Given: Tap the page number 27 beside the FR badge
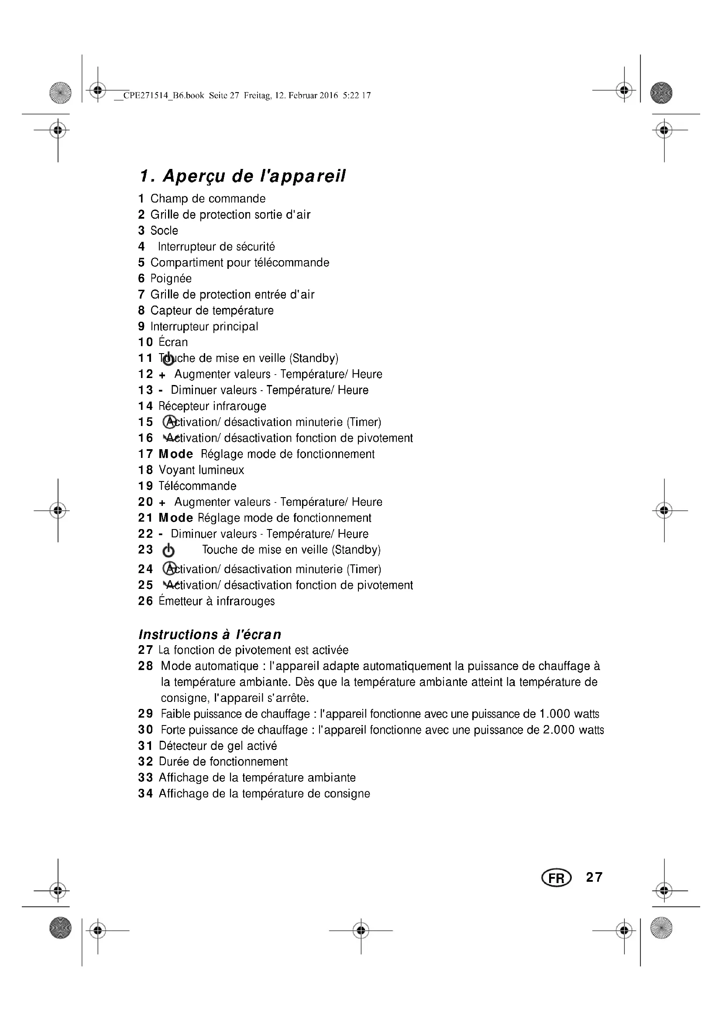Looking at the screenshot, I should (594, 877).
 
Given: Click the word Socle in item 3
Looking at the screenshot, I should (164, 231).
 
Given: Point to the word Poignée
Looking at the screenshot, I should (171, 279).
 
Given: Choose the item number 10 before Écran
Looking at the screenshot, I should (145, 342).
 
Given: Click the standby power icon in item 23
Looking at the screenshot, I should (168, 551).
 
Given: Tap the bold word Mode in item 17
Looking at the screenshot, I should (175, 454).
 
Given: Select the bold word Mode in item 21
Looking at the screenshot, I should (175, 518).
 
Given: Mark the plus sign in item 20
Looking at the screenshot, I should (162, 503).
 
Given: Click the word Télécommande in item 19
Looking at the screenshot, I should (197, 486).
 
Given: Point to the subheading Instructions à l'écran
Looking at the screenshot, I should (210, 635).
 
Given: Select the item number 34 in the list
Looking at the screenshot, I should (145, 794).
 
